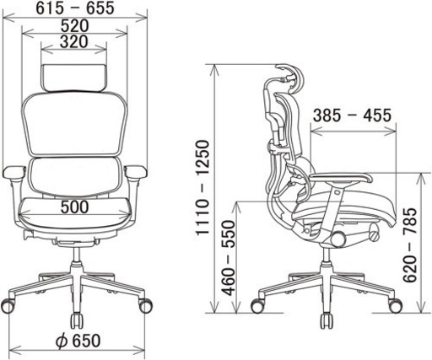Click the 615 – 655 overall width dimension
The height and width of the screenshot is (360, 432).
tap(75, 8)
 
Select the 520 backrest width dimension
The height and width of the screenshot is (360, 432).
tap(75, 26)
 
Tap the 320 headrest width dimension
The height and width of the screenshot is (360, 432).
tap(74, 42)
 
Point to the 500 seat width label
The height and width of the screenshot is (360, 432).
tap(75, 207)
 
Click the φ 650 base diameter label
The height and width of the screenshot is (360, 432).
tap(78, 341)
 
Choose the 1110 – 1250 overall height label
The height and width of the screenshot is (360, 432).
tap(203, 187)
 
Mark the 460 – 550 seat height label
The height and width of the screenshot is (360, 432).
tap(228, 258)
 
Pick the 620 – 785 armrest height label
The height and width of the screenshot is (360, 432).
tap(409, 245)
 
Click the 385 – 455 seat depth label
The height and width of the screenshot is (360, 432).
tap(352, 116)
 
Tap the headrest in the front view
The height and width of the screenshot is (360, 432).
tap(74, 78)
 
